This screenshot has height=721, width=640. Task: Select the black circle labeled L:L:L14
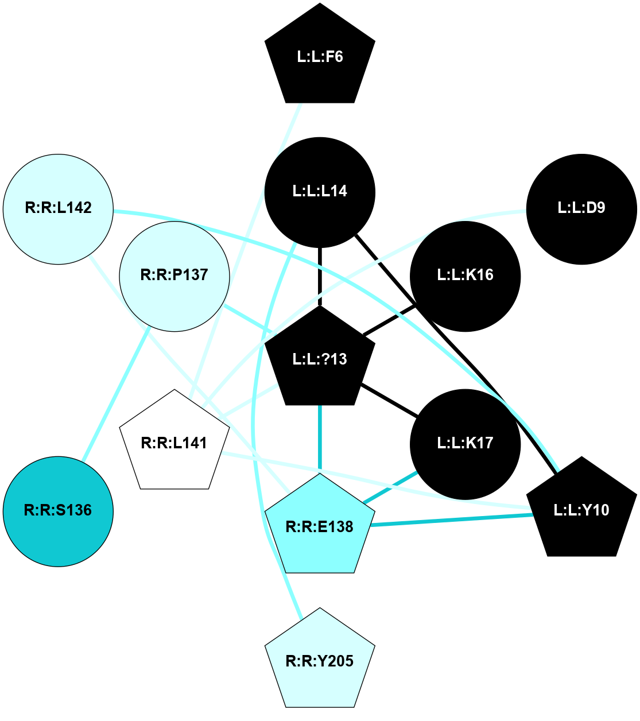pyautogui.click(x=320, y=191)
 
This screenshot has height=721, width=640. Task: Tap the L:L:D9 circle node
pyautogui.click(x=581, y=208)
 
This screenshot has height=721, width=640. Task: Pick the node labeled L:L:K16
pyautogui.click(x=465, y=276)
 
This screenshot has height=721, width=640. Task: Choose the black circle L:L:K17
pyautogui.click(x=465, y=444)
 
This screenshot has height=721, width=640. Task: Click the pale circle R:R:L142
pyautogui.click(x=59, y=208)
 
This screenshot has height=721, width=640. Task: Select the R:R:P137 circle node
pyautogui.click(x=174, y=276)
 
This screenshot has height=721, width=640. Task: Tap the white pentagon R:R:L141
pyautogui.click(x=174, y=443)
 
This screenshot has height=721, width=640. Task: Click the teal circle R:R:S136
pyautogui.click(x=58, y=510)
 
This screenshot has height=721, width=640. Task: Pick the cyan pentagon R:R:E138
pyautogui.click(x=320, y=526)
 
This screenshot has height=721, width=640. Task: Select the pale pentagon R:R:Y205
pyautogui.click(x=320, y=661)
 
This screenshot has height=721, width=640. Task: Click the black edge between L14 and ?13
pyautogui.click(x=320, y=276)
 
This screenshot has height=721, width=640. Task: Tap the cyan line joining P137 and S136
pyautogui.click(x=116, y=394)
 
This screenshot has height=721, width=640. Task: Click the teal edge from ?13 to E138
pyautogui.click(x=320, y=439)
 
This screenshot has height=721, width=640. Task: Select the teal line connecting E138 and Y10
pyautogui.click(x=453, y=520)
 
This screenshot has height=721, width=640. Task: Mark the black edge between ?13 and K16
pyautogui.click(x=390, y=320)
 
